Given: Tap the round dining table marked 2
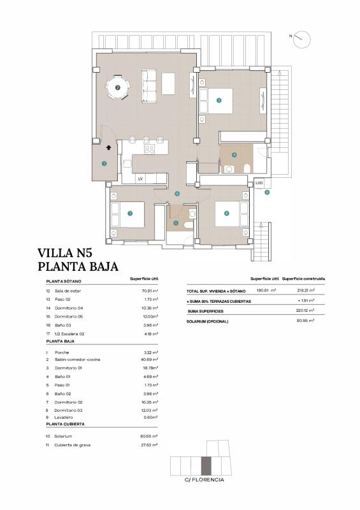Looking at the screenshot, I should (x=117, y=88).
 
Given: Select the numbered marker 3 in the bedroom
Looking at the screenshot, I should (x=219, y=100).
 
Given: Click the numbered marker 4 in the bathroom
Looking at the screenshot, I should (x=234, y=154).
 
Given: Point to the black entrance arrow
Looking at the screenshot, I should (x=109, y=147).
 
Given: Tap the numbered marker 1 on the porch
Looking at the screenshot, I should (x=104, y=164).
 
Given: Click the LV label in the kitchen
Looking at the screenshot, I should (x=140, y=179).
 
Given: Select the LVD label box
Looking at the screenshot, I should (x=259, y=183).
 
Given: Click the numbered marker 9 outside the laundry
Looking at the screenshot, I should (x=267, y=192).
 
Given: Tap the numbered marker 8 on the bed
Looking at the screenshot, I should (x=226, y=214).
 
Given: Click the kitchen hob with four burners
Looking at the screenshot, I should (x=150, y=150).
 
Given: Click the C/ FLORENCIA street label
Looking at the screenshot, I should (x=204, y=479).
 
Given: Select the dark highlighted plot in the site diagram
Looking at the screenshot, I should (x=205, y=467).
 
